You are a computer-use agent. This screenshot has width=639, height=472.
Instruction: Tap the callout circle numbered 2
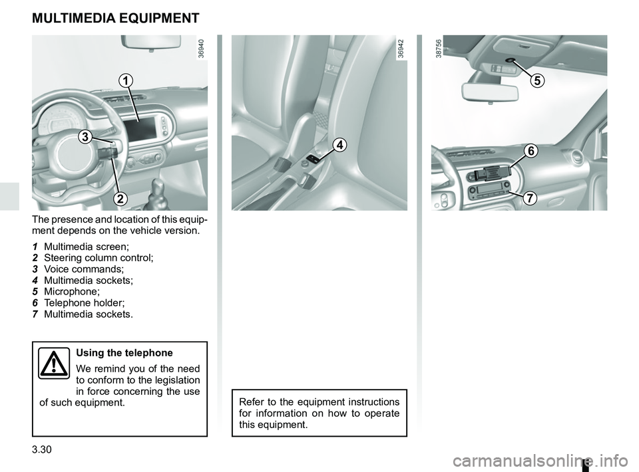[120, 197]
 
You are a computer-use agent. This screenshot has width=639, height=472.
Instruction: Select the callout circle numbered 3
[85, 137]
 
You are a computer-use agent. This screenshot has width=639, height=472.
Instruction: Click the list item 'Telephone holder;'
[83, 302]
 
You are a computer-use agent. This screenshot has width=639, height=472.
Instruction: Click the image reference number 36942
[401, 49]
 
